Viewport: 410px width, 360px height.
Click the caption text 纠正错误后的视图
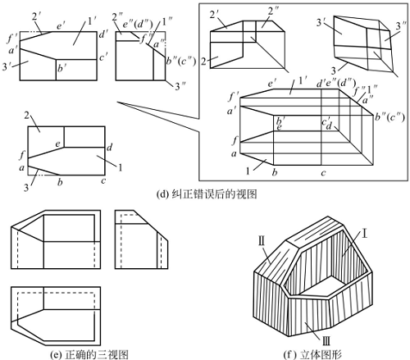click(214, 194)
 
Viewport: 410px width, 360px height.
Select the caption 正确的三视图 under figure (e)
click(97, 354)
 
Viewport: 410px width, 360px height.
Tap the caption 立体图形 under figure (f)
click(321, 354)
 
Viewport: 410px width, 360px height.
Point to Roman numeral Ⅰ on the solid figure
click(364, 235)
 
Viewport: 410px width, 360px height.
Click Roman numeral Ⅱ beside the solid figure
click(262, 241)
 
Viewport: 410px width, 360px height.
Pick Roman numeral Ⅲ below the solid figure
click(326, 341)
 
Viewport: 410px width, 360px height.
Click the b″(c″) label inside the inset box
click(389, 117)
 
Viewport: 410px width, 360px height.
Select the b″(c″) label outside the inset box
click(181, 61)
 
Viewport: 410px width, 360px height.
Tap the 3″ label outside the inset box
click(180, 86)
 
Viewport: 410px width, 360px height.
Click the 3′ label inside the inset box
click(321, 22)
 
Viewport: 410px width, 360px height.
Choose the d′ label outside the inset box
click(102, 34)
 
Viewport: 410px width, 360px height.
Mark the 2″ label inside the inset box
click(274, 11)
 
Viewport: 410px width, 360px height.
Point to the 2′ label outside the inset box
click(36, 16)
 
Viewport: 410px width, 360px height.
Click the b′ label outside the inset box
click(61, 68)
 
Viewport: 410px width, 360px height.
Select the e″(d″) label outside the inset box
click(138, 25)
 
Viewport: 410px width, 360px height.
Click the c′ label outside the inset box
click(103, 57)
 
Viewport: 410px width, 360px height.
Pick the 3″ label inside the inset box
click(401, 26)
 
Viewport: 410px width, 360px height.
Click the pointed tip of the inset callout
click(117, 103)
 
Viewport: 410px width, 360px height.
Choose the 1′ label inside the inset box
click(303, 80)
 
